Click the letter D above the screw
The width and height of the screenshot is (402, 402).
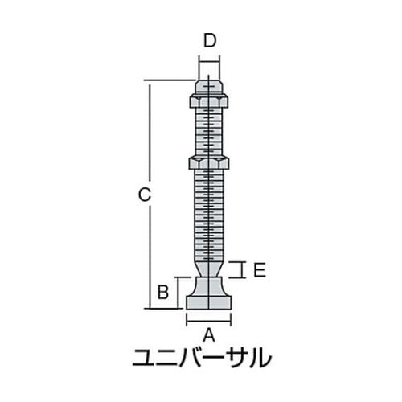[x=209, y=39]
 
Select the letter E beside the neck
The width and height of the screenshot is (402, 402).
[x=259, y=271]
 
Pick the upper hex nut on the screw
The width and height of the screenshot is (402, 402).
[x=209, y=101]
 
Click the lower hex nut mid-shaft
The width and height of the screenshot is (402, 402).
[x=209, y=162]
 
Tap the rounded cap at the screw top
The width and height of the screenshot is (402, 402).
[x=209, y=86]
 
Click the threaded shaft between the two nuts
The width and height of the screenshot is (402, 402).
[x=209, y=132]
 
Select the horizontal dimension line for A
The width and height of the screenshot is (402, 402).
[x=209, y=319]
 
